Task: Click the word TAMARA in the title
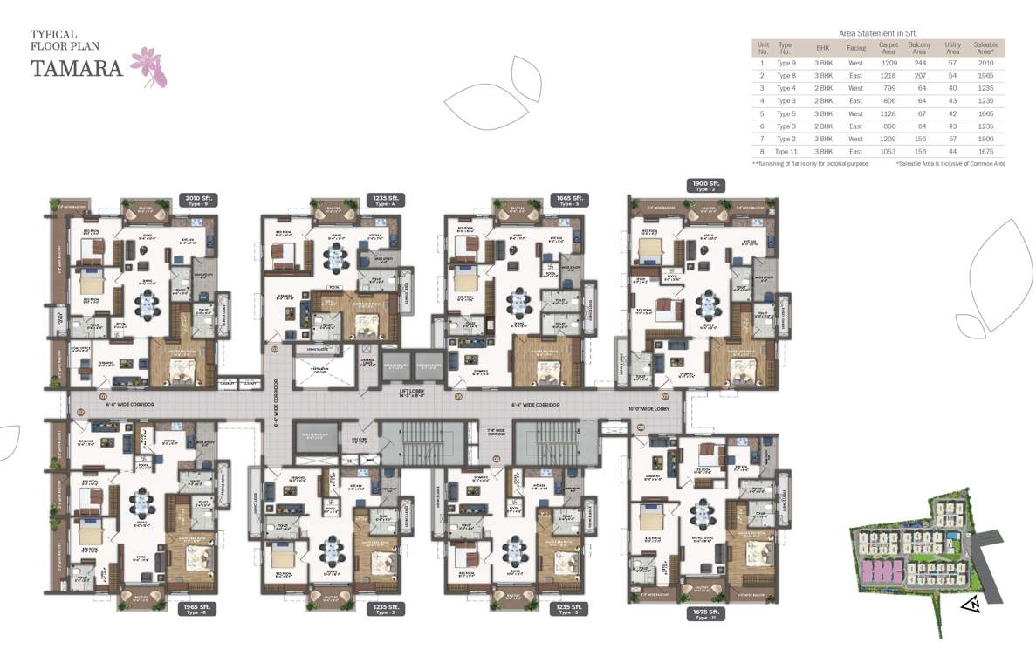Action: point(76,68)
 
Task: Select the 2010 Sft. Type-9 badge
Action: point(197,200)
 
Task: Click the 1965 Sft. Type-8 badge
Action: point(197,608)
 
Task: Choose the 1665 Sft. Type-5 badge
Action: point(569,200)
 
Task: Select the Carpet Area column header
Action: point(888,48)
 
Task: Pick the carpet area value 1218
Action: point(888,76)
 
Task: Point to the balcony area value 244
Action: point(919,63)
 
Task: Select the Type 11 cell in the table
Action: point(786,152)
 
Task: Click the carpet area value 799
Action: point(888,88)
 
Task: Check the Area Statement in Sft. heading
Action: point(878,31)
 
